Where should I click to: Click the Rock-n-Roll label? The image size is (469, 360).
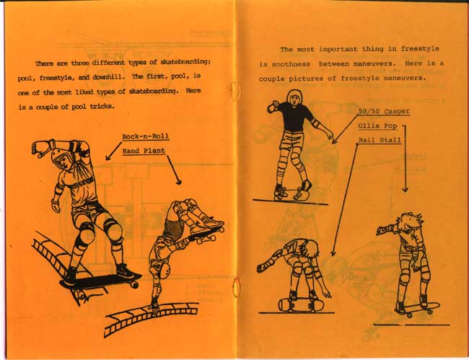146,136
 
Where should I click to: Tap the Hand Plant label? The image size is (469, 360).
144,151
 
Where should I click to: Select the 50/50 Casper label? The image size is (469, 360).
384,112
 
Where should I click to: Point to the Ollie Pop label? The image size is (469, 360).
377,126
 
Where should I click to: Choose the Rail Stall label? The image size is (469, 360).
380,140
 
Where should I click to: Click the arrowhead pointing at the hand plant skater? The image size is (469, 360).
178,182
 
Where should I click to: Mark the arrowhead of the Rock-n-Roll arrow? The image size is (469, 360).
108,157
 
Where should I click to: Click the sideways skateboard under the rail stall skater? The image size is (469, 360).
301,304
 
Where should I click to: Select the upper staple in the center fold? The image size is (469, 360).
235,91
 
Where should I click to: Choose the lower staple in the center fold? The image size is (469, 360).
236,287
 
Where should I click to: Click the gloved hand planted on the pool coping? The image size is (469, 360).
154,307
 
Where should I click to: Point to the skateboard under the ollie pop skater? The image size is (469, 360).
418,309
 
